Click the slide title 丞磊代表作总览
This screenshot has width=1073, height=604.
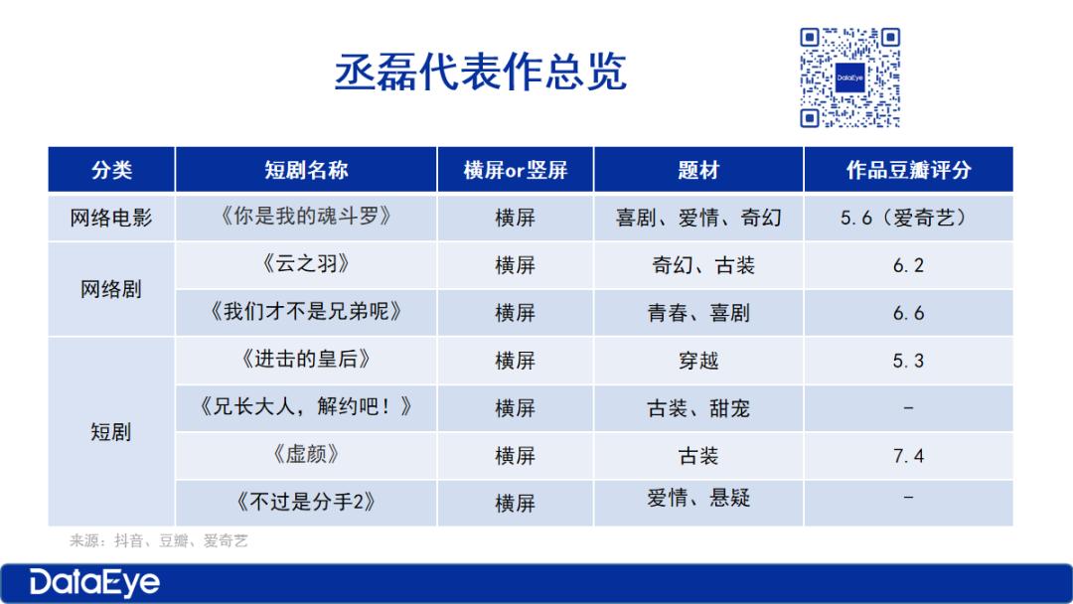click(481, 72)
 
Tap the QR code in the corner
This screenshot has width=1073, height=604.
click(849, 77)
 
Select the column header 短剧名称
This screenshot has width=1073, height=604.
click(306, 170)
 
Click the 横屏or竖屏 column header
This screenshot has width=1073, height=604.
click(516, 170)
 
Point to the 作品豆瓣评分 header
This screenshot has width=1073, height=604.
click(909, 170)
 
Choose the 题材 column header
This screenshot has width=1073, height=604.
click(698, 170)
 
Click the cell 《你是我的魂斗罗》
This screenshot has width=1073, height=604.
click(306, 217)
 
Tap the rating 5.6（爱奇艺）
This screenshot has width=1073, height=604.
click(907, 218)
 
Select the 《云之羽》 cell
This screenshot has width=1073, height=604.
click(306, 263)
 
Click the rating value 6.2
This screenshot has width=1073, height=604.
click(908, 265)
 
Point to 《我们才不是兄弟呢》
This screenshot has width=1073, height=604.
click(306, 311)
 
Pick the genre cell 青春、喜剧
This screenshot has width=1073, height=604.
click(698, 313)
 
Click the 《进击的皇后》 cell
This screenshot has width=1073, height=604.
click(306, 359)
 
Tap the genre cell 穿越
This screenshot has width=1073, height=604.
click(698, 361)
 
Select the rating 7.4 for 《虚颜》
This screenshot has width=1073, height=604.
click(908, 456)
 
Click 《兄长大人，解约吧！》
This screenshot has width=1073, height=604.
click(306, 406)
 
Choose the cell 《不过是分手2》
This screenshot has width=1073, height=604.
click(306, 502)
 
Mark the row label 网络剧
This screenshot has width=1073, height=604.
click(111, 289)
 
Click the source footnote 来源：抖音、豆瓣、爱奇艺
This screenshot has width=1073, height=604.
click(159, 541)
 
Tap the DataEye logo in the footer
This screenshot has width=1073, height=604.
click(94, 583)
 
